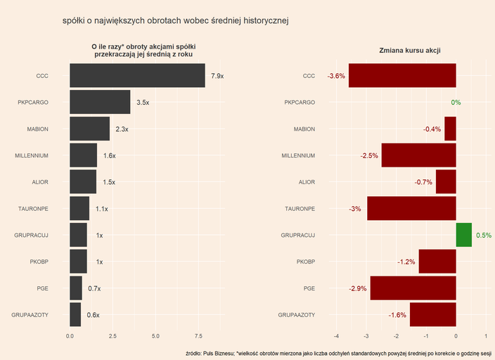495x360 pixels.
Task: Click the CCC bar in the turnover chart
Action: click(x=137, y=76)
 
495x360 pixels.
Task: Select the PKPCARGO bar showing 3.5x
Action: click(x=100, y=103)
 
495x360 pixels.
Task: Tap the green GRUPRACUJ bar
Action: click(x=463, y=235)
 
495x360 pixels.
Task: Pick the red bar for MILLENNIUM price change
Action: click(x=418, y=155)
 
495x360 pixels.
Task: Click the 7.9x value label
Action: click(x=217, y=76)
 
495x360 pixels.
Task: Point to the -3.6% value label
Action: click(x=337, y=76)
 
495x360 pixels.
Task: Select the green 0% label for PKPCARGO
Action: click(x=456, y=103)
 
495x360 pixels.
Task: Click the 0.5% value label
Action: click(x=483, y=236)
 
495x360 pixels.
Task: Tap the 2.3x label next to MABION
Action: click(x=122, y=129)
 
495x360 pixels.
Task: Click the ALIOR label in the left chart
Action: click(x=39, y=182)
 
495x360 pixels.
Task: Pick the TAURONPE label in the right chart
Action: click(x=300, y=209)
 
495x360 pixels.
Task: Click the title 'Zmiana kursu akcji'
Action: click(x=409, y=51)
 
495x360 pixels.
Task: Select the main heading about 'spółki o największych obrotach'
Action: click(x=176, y=21)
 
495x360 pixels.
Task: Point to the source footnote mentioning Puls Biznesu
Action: click(x=338, y=353)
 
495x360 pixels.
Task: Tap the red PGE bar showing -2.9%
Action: click(x=413, y=288)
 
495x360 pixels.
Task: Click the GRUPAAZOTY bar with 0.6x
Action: click(x=75, y=315)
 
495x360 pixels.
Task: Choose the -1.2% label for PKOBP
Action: click(x=406, y=262)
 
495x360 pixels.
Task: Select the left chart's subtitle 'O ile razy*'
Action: click(x=143, y=50)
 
